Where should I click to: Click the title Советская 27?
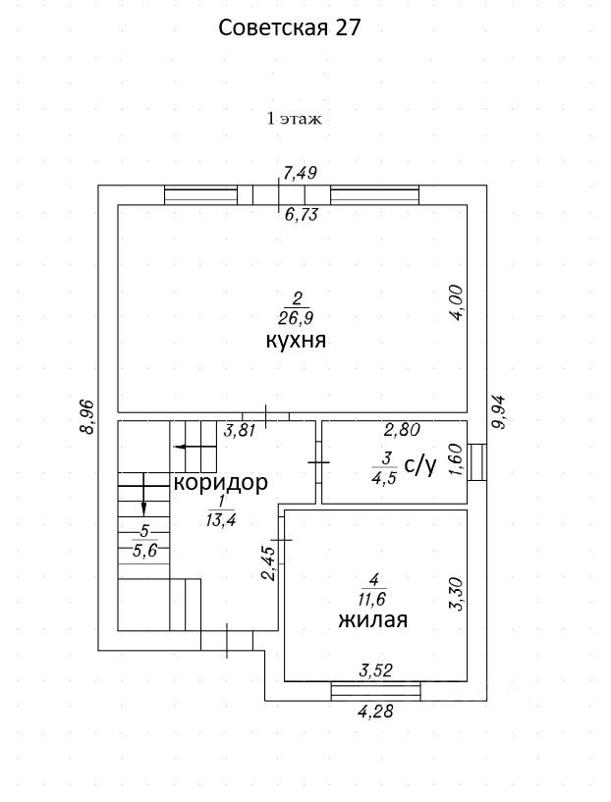[x=290, y=27]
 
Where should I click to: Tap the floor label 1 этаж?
[x=295, y=119]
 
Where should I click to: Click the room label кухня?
[x=295, y=342]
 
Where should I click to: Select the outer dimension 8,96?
[x=85, y=416]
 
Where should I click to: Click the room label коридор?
[x=220, y=483]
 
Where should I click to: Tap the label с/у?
[x=419, y=465]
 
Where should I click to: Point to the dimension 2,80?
[x=402, y=429]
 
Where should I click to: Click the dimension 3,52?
[x=377, y=672]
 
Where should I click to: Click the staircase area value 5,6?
[x=144, y=551]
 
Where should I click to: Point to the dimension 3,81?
[x=241, y=429]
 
